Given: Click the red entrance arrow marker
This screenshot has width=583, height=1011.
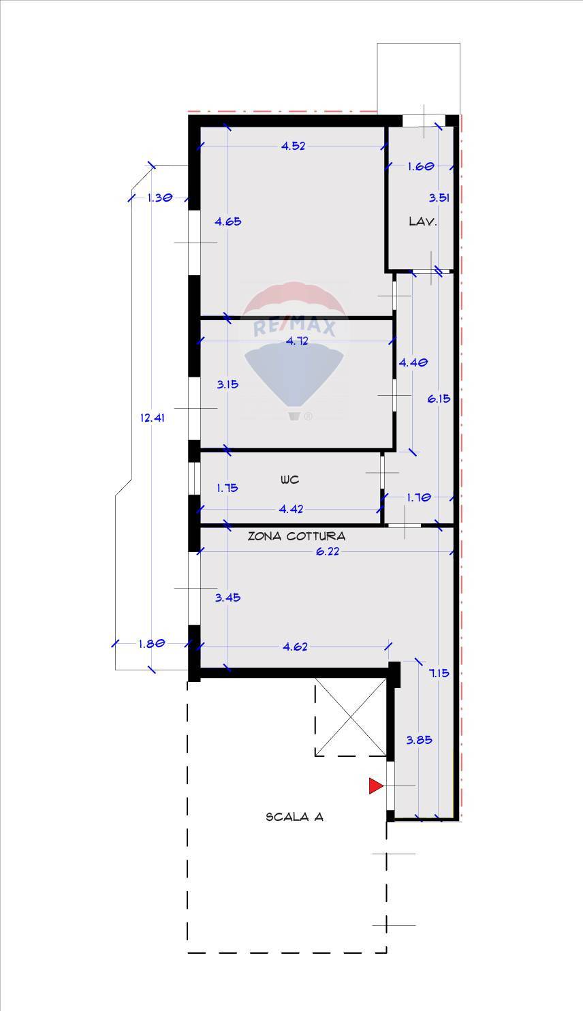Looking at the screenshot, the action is (376, 786).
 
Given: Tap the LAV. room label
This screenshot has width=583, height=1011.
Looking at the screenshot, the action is (423, 221).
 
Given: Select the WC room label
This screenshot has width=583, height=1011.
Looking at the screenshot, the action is (289, 480).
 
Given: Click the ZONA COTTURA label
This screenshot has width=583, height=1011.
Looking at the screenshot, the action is (296, 536).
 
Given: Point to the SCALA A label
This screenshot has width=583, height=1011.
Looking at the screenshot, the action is (294, 817).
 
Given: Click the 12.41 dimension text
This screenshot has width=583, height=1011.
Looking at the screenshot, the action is (153, 418).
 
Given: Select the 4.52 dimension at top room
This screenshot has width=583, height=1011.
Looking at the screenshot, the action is (294, 146).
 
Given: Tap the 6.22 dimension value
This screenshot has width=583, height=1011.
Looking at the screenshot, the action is (327, 552).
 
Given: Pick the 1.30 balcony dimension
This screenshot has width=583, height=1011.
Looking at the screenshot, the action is (160, 198).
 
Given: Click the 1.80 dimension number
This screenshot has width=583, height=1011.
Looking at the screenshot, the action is (152, 644).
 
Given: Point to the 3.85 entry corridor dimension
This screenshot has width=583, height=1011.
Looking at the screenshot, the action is (419, 740).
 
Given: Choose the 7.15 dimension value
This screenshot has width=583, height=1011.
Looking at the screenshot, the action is (439, 673).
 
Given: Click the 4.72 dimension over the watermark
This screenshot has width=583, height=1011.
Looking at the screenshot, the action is (298, 341).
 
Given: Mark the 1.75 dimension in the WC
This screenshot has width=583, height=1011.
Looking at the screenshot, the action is (227, 488).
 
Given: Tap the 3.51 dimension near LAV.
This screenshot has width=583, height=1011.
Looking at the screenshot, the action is (439, 198).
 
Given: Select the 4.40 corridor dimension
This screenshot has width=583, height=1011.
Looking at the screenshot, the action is (413, 362).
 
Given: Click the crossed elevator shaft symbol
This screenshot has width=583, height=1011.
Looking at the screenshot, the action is (351, 717).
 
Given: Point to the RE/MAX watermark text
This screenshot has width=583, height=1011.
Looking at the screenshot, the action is (295, 326).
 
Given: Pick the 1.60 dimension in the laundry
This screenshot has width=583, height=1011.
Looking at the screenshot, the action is (420, 166).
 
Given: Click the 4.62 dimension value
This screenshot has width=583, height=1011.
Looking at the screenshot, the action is (295, 647).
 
